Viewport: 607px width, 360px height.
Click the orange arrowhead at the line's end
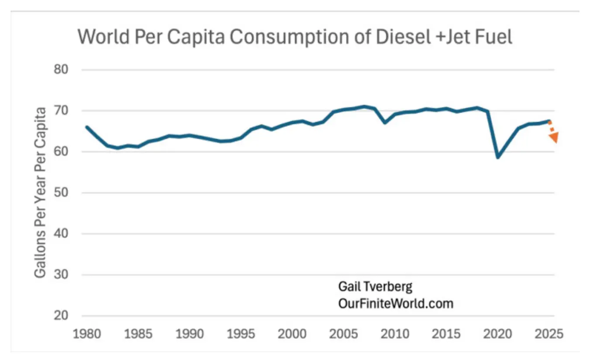[x=554, y=137]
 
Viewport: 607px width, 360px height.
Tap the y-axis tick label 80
[x=61, y=70]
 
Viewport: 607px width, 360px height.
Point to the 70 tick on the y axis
[x=61, y=110]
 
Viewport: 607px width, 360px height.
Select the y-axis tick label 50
[x=61, y=192]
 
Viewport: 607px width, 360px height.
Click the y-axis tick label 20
[x=61, y=315]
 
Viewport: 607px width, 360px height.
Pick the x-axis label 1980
[x=87, y=334]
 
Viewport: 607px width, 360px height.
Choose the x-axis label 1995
[x=241, y=334]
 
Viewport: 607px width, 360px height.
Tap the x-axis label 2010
[x=395, y=334]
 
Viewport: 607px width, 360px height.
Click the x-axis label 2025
[x=549, y=334]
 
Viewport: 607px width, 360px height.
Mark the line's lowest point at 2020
[x=498, y=158]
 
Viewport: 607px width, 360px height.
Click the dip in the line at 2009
[x=385, y=123]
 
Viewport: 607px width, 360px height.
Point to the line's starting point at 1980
[x=87, y=127]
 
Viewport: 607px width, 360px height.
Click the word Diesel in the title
[x=403, y=37]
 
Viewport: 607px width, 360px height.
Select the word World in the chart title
[x=103, y=37]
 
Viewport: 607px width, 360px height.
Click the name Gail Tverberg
[x=375, y=287]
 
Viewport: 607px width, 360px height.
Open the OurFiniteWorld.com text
[x=396, y=304]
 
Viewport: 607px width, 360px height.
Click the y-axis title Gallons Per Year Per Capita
[x=40, y=192]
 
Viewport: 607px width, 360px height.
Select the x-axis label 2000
[x=292, y=334]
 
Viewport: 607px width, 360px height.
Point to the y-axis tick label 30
[x=61, y=274]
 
